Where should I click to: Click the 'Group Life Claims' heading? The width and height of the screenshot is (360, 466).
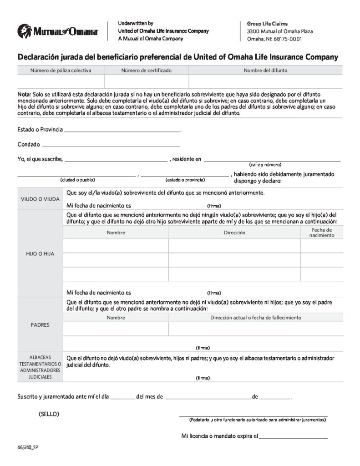(267, 24)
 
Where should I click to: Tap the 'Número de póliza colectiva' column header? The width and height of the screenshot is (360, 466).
(61, 71)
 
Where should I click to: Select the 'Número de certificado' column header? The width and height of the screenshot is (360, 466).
(146, 71)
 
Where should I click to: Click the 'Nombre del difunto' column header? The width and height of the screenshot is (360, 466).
(265, 71)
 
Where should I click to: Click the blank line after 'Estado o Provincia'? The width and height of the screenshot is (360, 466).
(122, 131)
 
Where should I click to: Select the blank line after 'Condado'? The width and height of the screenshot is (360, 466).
(111, 146)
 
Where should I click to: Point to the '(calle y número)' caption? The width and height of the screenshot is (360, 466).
(265, 164)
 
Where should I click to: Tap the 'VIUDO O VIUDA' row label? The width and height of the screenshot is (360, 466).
(40, 199)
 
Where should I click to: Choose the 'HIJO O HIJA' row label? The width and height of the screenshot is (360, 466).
(40, 253)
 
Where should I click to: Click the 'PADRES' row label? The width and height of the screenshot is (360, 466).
(40, 325)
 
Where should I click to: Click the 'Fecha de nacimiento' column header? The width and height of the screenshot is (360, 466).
(322, 233)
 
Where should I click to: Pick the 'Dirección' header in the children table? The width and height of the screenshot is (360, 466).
(234, 233)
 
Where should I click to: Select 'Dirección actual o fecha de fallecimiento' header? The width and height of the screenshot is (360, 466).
(256, 318)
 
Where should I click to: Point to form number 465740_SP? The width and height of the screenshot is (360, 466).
(28, 448)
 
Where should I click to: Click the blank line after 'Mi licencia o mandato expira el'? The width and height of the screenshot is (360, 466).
(293, 438)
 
